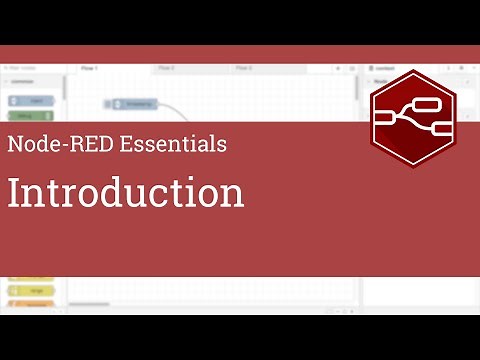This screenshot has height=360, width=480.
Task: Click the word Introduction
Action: coord(126,192)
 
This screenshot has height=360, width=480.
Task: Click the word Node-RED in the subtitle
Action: coord(59,143)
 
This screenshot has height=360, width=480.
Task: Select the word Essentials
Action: coord(173,143)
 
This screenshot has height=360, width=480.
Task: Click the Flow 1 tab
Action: coord(89,68)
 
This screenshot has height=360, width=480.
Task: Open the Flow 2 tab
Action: coord(166,68)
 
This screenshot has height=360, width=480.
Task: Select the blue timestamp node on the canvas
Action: coord(137,103)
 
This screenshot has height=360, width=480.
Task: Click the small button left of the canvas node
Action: coord(108,103)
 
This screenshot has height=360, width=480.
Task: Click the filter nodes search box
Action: coord(30,68)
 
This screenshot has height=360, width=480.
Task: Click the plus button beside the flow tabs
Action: coord(338,68)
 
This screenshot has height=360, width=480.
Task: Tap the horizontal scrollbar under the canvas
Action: coord(90,303)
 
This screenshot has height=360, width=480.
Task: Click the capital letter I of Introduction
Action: coord(14,192)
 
